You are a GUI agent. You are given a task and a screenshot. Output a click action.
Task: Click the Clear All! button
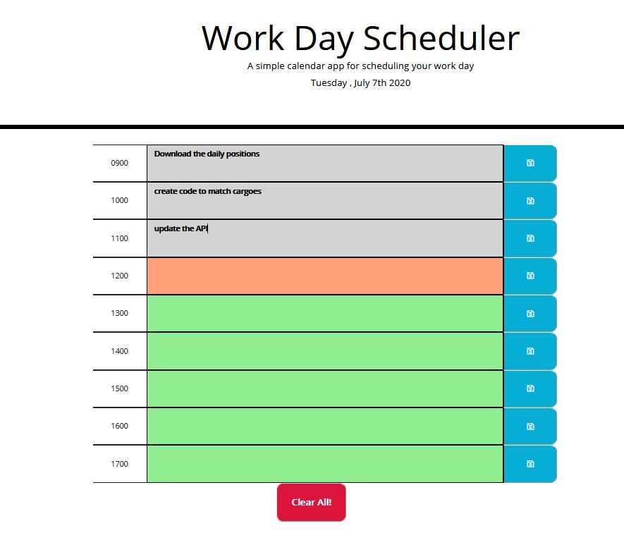[311, 503]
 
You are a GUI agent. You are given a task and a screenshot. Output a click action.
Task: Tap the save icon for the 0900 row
[530, 163]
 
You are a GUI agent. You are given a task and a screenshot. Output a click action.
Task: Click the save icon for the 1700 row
[530, 464]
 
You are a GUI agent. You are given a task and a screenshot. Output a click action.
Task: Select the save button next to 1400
[530, 351]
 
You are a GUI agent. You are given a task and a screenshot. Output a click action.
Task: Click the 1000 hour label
[119, 200]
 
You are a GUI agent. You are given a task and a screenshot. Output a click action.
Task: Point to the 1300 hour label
[119, 313]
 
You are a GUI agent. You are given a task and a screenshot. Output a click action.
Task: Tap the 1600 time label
[119, 426]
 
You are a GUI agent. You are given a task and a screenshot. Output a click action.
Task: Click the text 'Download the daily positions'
[207, 154]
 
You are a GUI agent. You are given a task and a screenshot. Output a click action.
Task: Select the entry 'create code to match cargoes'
[207, 191]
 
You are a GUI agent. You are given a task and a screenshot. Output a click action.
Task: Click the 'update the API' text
[181, 228]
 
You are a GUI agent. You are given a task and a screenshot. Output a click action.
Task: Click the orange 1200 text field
[324, 276]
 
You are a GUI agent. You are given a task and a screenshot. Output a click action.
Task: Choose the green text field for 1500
[324, 388]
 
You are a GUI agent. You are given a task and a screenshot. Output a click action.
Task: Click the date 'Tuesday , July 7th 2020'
[360, 83]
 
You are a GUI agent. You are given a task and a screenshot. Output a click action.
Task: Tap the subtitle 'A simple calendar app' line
[360, 66]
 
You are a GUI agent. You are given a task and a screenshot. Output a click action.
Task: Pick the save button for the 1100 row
[530, 238]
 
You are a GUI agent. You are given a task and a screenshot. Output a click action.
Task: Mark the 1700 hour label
[119, 464]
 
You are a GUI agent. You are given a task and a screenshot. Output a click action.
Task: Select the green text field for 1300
[324, 313]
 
